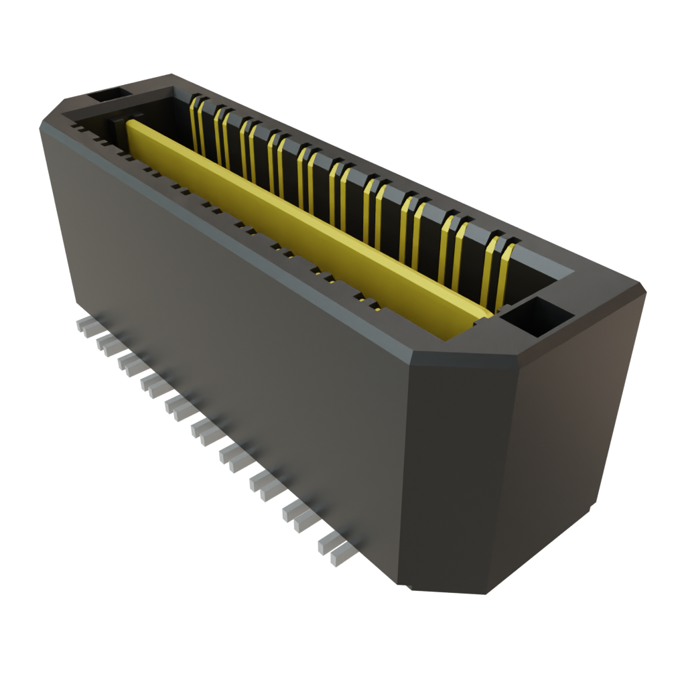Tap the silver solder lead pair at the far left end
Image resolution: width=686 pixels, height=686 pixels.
point(86,326)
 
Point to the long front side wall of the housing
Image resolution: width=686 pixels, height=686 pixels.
point(228,348)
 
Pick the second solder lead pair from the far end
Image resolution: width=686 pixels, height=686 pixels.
point(107,344)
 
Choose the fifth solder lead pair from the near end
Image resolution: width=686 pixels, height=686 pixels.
point(201,429)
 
